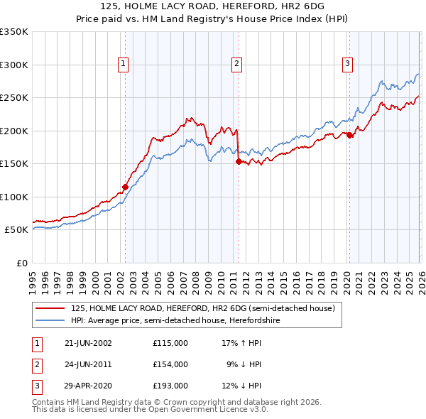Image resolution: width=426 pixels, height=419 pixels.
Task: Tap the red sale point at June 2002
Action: tap(126, 187)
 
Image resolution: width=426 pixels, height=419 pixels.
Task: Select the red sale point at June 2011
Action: tap(238, 161)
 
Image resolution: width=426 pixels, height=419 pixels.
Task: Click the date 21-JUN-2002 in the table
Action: tap(88, 342)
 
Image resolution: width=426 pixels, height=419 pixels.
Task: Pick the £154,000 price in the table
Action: tap(170, 364)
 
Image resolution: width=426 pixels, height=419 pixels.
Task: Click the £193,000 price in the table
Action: tap(170, 386)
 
